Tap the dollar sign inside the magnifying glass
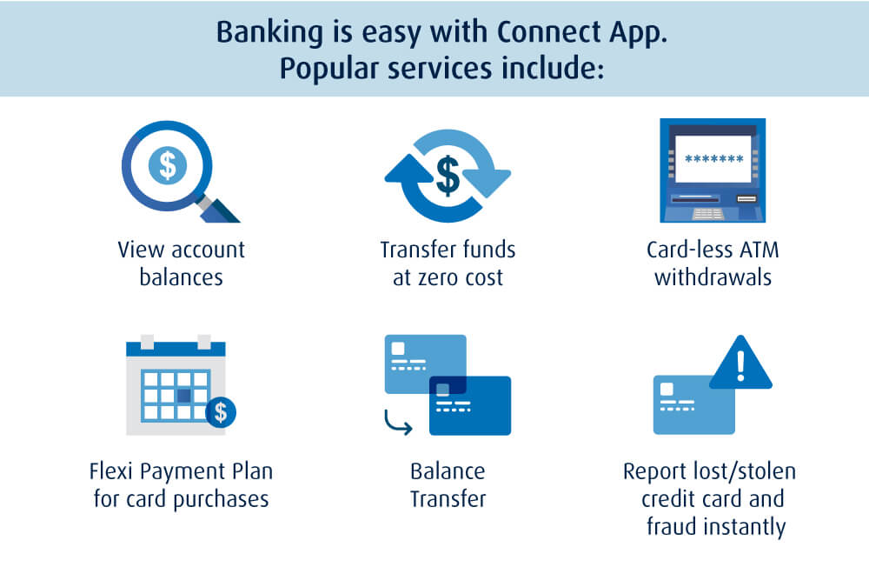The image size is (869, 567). pyautogui.click(x=168, y=165)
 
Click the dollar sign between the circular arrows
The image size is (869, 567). pyautogui.click(x=448, y=176)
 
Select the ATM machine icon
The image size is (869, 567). pyautogui.click(x=713, y=170)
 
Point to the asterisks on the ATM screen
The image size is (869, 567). pyautogui.click(x=713, y=159)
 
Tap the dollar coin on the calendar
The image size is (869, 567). pyautogui.click(x=221, y=412)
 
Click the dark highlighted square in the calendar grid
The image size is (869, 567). pyautogui.click(x=184, y=397)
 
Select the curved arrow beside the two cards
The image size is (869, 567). pyautogui.click(x=398, y=423)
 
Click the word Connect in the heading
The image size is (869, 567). pyautogui.click(x=548, y=31)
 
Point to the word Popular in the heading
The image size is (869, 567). pyautogui.click(x=329, y=70)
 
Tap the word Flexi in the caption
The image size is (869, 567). pyautogui.click(x=111, y=471)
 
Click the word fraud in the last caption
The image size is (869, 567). pyautogui.click(x=671, y=526)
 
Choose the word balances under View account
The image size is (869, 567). pyautogui.click(x=182, y=277)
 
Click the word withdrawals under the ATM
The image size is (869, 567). pyautogui.click(x=713, y=277)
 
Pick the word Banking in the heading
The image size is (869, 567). pyautogui.click(x=269, y=33)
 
